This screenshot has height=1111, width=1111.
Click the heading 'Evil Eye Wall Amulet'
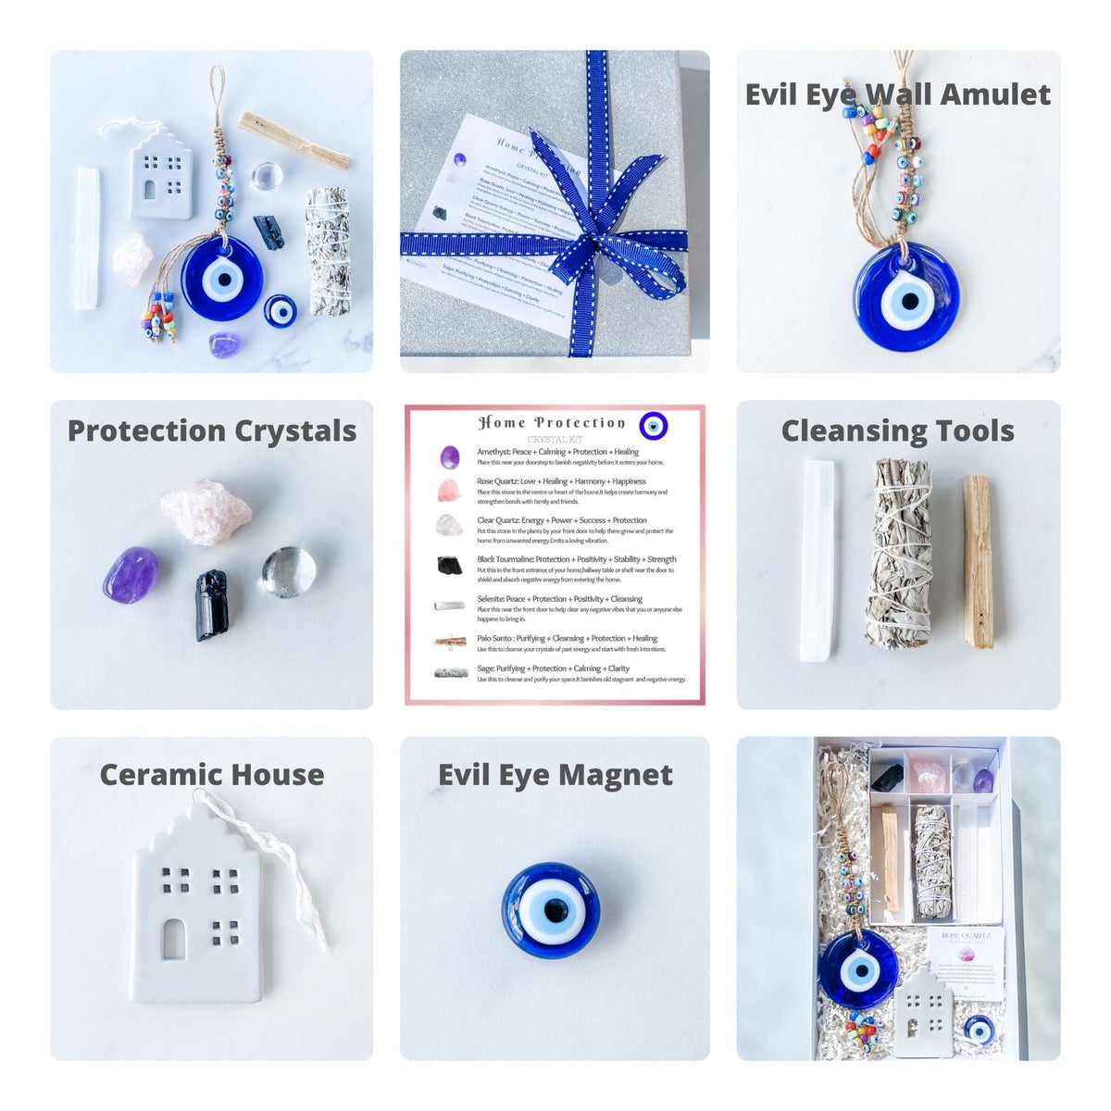(x=897, y=94)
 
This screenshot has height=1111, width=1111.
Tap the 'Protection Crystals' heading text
(x=212, y=431)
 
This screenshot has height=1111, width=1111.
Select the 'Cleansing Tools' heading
(x=897, y=431)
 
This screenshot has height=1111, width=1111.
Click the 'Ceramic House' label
(x=212, y=775)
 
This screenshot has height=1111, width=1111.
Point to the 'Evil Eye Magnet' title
(x=555, y=775)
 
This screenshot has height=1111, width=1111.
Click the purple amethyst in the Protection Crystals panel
(x=130, y=575)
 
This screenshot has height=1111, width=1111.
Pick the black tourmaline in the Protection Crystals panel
(x=211, y=605)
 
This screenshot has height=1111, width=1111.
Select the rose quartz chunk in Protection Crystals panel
(x=205, y=512)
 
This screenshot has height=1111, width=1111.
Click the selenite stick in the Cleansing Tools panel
(x=818, y=560)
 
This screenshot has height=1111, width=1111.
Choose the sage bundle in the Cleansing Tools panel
(x=897, y=553)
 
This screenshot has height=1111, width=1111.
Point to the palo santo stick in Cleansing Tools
(x=978, y=561)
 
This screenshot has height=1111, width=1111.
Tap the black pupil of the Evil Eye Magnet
(x=552, y=912)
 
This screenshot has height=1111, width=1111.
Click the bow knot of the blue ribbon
(x=605, y=243)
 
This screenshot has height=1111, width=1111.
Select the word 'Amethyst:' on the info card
(x=493, y=452)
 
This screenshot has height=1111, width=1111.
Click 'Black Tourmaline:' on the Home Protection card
(x=505, y=559)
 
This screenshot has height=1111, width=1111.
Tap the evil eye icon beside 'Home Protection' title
(x=654, y=426)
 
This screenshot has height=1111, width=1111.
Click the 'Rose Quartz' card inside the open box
(x=966, y=963)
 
